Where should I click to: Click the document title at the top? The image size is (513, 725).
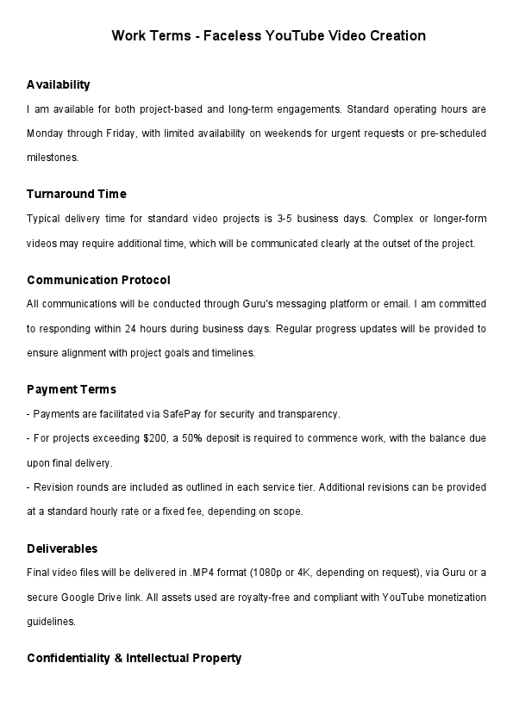(x=269, y=36)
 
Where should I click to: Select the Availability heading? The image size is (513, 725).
(x=58, y=84)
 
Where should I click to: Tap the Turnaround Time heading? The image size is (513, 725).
(x=77, y=194)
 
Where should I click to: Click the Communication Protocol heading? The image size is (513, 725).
(x=98, y=280)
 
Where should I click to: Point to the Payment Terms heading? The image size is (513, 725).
(x=72, y=389)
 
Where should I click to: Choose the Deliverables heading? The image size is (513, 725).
(x=62, y=548)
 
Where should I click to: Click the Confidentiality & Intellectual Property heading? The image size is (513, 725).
(x=134, y=658)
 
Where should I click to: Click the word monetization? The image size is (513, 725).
(x=442, y=598)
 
